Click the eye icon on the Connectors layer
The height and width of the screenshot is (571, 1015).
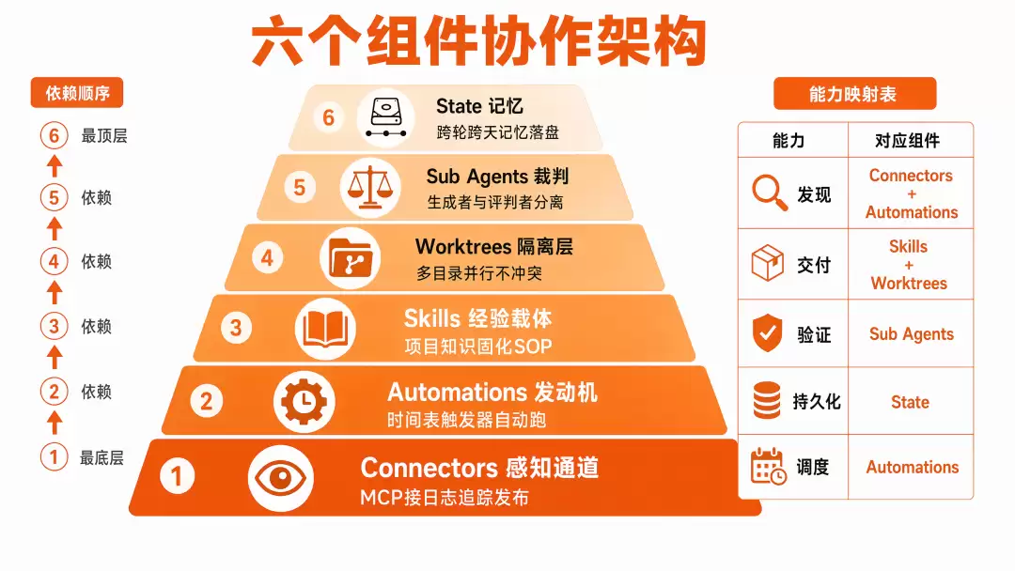280,479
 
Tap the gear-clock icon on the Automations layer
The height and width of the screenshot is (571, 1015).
304,402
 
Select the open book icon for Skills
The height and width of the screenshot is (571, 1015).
325,329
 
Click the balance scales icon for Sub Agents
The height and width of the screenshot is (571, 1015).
370,188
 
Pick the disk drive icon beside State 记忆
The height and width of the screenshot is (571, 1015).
386,117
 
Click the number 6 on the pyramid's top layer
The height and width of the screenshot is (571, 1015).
329,117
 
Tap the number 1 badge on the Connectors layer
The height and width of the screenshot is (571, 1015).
177,476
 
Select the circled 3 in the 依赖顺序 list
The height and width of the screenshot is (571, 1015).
54,326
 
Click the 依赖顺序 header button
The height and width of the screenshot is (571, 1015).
77,93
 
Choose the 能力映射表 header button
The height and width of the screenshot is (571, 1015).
854,94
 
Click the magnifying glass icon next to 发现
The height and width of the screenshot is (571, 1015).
770,193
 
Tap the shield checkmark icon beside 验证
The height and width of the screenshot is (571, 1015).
768,333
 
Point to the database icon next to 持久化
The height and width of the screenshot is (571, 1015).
767,400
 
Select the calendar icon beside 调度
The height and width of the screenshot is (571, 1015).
769,466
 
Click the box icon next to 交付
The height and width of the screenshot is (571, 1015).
768,263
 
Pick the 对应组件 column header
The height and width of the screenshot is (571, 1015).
907,140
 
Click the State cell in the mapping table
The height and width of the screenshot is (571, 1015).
910,402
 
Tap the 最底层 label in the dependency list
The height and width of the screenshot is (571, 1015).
101,458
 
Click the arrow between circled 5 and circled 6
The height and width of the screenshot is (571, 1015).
55,165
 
